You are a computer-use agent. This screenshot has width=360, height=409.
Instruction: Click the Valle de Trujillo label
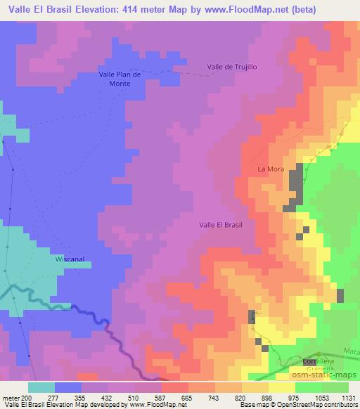pos(232,67)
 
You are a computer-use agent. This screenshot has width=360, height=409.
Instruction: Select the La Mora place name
pos(270,169)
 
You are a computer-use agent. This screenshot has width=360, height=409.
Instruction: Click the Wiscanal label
pos(70,259)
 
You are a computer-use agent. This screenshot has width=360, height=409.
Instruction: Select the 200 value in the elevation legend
pos(27,397)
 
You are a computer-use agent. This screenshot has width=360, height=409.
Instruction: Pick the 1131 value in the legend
pos(348,397)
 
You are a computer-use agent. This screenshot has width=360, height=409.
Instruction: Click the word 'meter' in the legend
pos(10,397)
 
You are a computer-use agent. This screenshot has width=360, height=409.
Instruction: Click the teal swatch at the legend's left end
pos(41,387)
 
